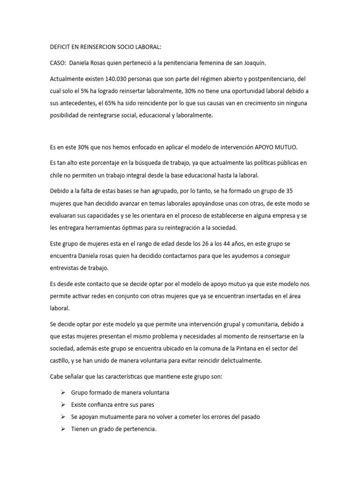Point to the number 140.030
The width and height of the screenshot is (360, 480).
coord(116,79)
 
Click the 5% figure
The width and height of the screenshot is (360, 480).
coord(84,91)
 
